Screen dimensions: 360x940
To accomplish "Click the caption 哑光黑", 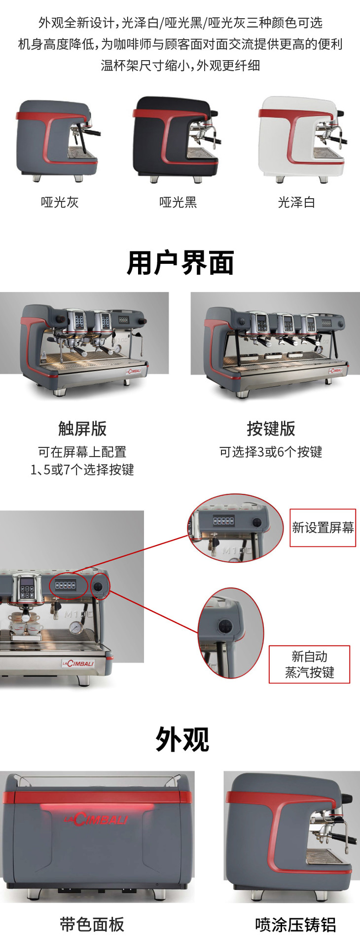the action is (x=178, y=202).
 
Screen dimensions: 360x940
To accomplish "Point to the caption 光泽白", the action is (x=296, y=202).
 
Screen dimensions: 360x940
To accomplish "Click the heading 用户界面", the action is (x=180, y=262).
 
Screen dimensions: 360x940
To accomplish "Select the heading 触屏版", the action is (x=82, y=428).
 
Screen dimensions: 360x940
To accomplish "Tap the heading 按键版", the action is (x=271, y=428).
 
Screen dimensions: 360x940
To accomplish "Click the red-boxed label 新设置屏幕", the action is (x=323, y=528).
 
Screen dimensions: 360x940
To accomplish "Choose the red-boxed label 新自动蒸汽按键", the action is (x=309, y=664).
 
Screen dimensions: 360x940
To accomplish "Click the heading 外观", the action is (x=182, y=739).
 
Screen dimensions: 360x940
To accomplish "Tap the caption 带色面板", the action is (x=92, y=924).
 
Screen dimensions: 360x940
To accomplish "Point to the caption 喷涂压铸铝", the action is (x=295, y=924).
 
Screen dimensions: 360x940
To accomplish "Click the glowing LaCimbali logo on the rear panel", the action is (x=96, y=819).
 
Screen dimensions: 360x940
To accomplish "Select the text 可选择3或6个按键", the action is (x=271, y=452).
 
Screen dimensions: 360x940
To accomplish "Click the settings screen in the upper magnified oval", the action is (x=223, y=521).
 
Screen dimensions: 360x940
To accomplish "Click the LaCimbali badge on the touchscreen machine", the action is (x=133, y=371).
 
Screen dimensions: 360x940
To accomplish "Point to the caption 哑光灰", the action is (x=60, y=202).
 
